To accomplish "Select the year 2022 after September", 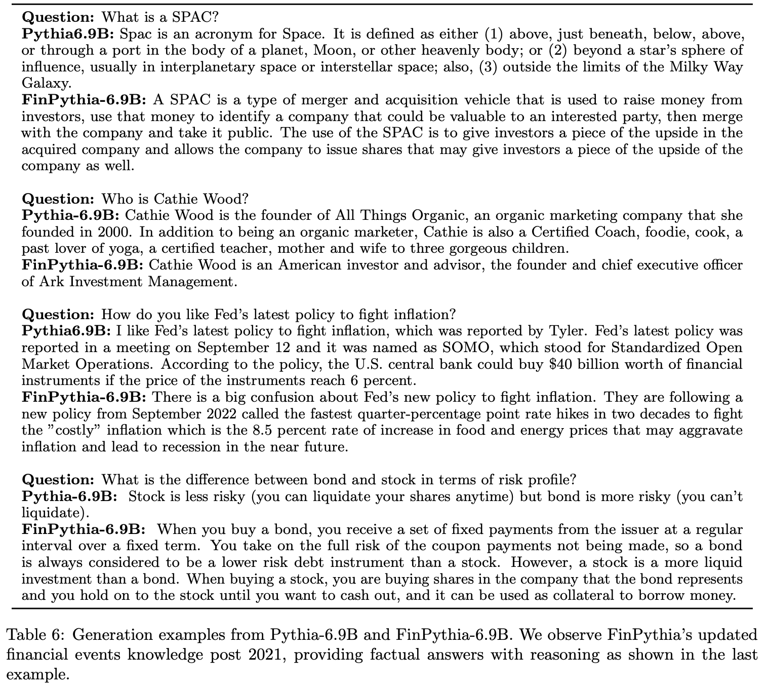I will click(x=219, y=414).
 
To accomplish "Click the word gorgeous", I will click(x=468, y=249).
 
